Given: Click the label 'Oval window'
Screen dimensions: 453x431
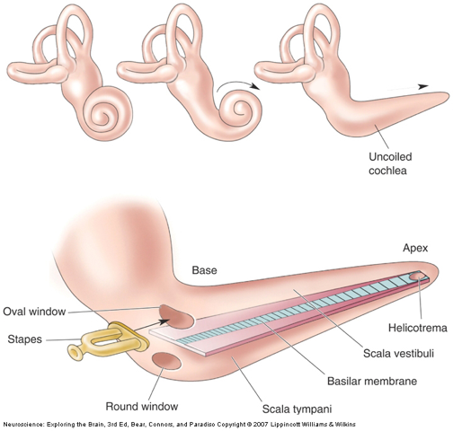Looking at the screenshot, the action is click(34, 312).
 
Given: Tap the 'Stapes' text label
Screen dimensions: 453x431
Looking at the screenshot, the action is click(24, 339).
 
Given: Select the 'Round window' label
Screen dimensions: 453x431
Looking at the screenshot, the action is click(142, 407).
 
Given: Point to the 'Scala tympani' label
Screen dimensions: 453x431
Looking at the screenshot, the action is click(297, 409).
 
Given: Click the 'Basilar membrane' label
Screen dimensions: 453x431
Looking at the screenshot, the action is click(372, 382).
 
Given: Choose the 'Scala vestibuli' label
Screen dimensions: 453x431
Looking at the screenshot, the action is click(398, 354).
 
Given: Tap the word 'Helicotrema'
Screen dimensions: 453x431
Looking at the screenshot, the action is click(418, 328).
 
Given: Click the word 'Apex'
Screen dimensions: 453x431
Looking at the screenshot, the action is click(415, 249).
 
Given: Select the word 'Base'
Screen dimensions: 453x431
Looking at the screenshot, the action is click(204, 270).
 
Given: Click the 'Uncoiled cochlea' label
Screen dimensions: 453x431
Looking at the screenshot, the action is click(390, 163).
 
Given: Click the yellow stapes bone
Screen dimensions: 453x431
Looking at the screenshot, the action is click(108, 341).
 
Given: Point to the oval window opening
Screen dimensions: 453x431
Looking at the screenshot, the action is click(176, 317).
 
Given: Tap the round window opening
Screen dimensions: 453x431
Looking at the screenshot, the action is click(166, 362).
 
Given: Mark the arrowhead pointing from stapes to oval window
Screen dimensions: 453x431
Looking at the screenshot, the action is click(164, 321).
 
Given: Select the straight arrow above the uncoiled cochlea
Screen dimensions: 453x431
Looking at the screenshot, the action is click(408, 87).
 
